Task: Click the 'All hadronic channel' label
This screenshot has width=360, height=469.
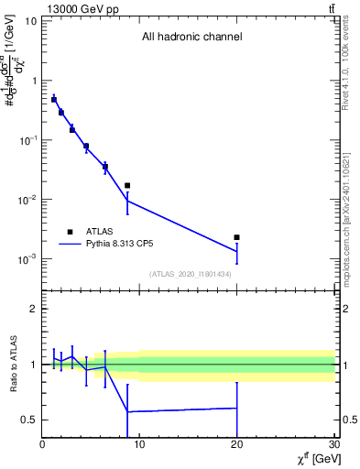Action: (191, 38)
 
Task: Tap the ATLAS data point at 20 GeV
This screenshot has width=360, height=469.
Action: (236, 237)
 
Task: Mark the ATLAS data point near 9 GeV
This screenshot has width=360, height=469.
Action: (127, 185)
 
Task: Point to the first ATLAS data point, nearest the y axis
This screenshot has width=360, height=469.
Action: (54, 99)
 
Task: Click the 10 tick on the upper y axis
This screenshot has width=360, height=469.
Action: (29, 20)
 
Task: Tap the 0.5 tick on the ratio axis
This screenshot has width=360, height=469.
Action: (29, 420)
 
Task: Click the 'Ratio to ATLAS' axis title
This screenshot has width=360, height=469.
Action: (13, 365)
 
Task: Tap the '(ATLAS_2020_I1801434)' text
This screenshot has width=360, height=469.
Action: (191, 274)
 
